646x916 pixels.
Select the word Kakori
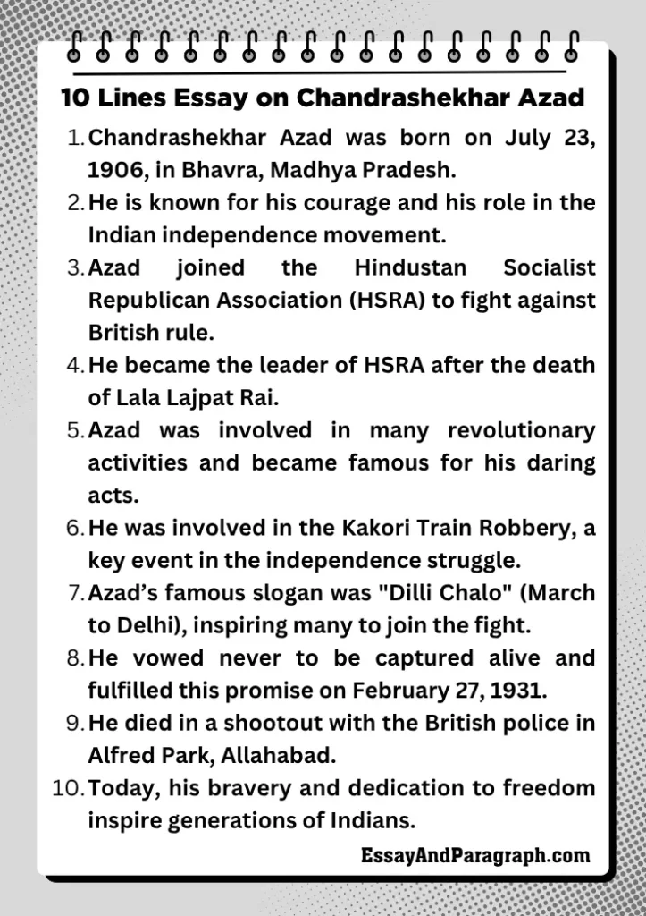tap(373, 528)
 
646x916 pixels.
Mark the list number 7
tap(75, 593)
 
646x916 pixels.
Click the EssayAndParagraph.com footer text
tap(475, 856)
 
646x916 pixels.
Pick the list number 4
tap(75, 366)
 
